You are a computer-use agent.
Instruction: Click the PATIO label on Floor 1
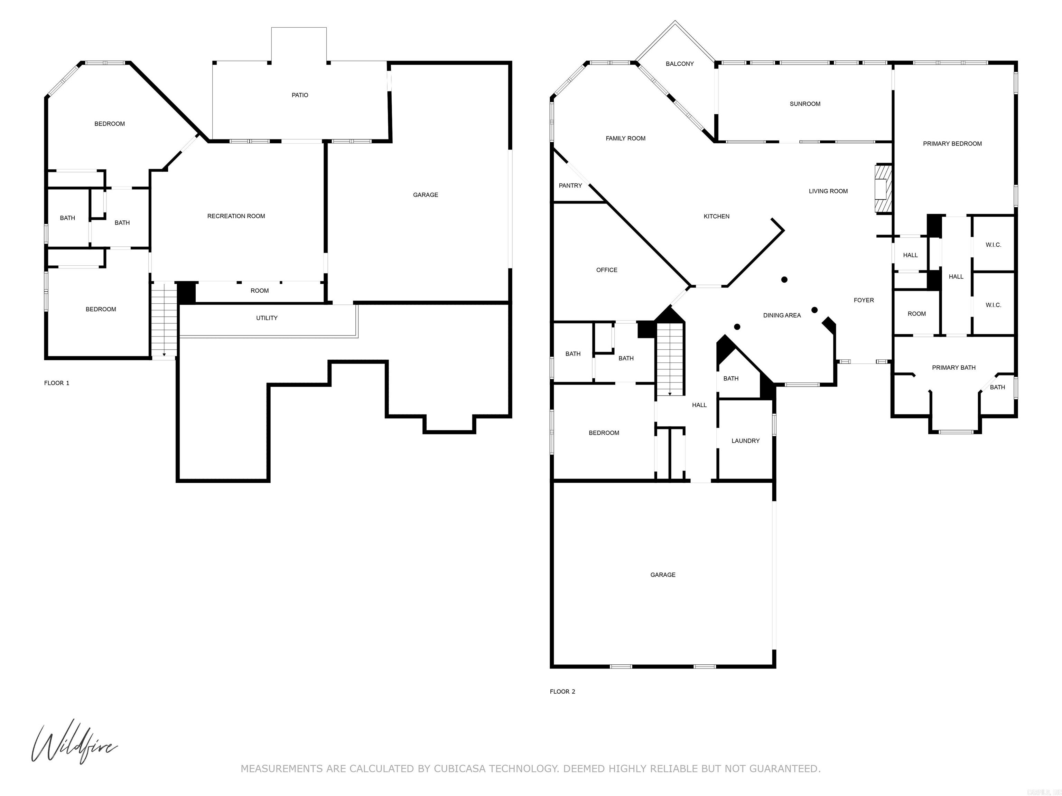coord(300,95)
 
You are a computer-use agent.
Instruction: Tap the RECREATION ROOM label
coord(236,216)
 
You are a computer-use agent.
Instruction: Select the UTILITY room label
coord(267,318)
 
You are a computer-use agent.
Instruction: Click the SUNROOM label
coord(805,104)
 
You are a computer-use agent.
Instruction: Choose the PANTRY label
coord(570,185)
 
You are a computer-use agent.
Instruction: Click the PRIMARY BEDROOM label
coord(952,143)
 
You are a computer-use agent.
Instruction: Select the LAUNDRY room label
coord(745,440)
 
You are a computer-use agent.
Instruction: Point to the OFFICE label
coord(606,269)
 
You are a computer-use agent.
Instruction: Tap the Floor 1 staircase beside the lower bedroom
coord(164,320)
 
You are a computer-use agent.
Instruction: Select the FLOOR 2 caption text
coord(562,691)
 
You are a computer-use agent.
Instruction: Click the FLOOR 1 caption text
coord(57,383)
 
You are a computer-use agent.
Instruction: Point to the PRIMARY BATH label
coord(953,368)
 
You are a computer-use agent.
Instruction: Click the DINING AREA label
coord(782,315)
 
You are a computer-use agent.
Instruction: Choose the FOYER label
coord(863,300)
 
